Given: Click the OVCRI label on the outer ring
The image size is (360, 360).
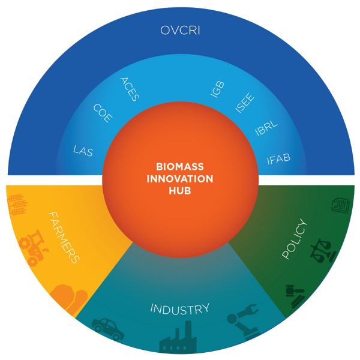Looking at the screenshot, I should coord(180,29).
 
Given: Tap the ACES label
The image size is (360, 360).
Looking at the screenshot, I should coord(130,89).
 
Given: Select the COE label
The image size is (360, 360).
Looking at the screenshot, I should coord(102,113).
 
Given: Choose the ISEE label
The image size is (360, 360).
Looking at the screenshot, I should coord(244,103).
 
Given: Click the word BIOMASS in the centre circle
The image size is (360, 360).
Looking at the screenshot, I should coord(180,166).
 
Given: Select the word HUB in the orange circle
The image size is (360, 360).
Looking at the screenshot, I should coord(180,193).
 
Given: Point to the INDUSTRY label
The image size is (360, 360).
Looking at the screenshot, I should coord(180,310).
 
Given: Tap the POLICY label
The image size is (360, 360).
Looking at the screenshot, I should coord(294,240).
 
